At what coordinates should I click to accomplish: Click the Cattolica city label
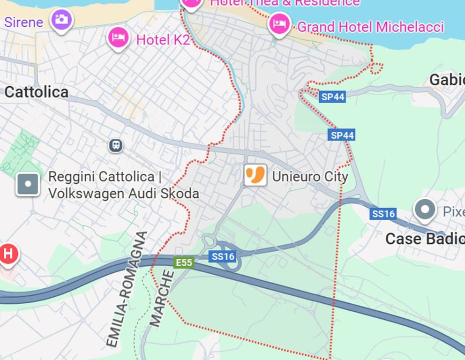(x=37, y=92)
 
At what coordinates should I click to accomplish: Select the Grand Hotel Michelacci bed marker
(x=279, y=23)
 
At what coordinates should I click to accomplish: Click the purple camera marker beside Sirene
(x=62, y=20)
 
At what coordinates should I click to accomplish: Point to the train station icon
(x=116, y=145)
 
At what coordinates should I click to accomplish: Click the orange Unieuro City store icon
(x=255, y=175)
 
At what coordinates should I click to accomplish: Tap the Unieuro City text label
(x=310, y=177)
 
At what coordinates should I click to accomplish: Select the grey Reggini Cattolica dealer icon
(x=28, y=184)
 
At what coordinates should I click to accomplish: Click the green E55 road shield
(x=184, y=262)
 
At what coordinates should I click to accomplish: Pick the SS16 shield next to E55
(x=223, y=256)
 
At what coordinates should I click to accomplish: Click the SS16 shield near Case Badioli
(x=383, y=214)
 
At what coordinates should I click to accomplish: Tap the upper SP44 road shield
(x=332, y=97)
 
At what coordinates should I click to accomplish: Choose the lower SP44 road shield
(x=342, y=135)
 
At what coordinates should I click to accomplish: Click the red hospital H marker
(x=7, y=254)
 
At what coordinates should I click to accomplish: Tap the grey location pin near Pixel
(x=425, y=209)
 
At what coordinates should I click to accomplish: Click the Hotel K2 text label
(x=163, y=39)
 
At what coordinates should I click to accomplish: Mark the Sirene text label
(x=23, y=22)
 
